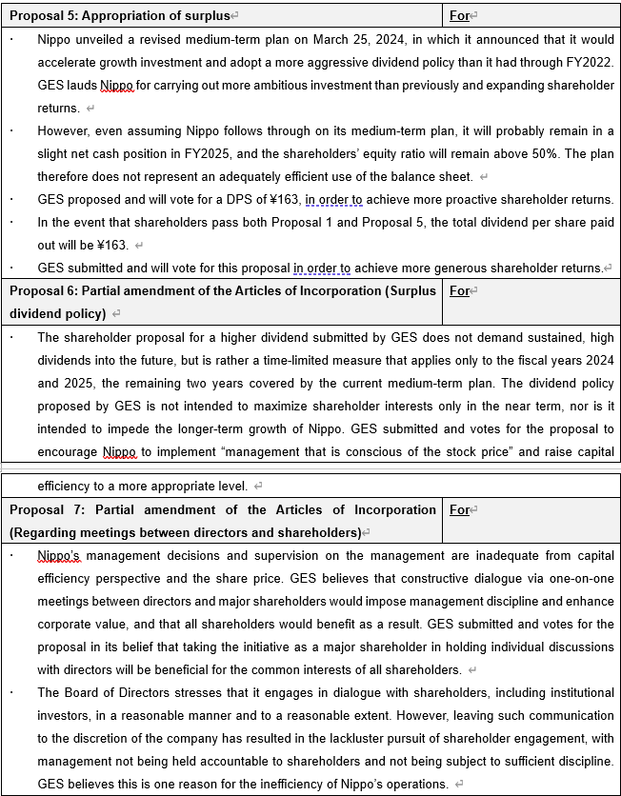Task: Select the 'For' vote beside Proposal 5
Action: coord(459,15)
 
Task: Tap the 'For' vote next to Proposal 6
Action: coord(459,290)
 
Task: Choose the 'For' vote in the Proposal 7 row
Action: coord(459,509)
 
